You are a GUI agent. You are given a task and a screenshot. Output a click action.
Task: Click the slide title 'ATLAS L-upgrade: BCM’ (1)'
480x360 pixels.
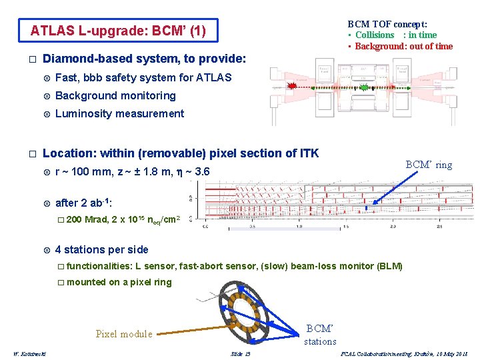[119, 31]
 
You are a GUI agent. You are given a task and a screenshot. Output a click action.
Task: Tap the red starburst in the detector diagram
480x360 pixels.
[291, 86]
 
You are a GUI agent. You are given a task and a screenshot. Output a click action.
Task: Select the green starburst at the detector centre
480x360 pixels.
[363, 87]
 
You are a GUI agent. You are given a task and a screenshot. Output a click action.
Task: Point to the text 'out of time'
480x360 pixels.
[429, 46]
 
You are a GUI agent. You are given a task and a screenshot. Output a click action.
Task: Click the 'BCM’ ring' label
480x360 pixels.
[429, 165]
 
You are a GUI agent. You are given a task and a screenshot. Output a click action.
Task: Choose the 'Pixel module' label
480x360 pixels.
[124, 334]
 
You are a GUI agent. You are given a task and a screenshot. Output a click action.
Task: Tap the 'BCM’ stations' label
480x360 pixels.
[320, 335]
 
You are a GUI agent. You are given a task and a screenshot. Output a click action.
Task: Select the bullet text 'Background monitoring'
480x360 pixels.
[115, 95]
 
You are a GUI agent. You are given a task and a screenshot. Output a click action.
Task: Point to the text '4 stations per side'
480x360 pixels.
[102, 249]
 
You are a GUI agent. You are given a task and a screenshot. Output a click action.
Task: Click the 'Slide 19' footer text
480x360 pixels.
[241, 353]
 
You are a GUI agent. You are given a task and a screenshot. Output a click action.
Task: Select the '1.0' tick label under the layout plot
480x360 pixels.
[299, 227]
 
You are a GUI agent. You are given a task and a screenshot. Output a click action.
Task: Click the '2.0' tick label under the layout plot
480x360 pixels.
[394, 227]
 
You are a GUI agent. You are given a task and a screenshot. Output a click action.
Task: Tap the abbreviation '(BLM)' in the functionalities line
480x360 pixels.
[390, 266]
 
